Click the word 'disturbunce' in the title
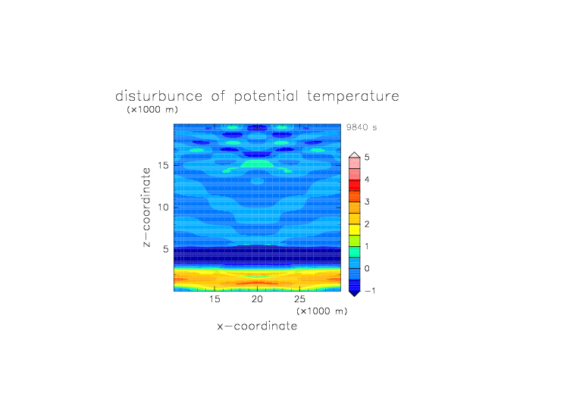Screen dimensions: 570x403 tap(159, 96)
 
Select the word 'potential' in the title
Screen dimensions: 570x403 tap(266, 97)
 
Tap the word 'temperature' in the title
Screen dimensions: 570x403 tap(353, 97)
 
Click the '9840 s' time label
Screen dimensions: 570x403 tap(362, 127)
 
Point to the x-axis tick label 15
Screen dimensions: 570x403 tap(215, 299)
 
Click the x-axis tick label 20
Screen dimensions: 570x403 tap(257, 299)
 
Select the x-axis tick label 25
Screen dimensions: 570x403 tap(299, 299)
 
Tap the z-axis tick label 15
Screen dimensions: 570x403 tap(163, 165)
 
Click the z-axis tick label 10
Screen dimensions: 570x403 tap(163, 207)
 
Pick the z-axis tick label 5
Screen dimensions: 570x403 tap(166, 249)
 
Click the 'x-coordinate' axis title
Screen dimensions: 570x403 tap(257, 326)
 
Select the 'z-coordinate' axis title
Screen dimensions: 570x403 tap(146, 208)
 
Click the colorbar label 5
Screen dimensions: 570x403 tap(367, 158)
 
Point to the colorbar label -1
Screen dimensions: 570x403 tap(370, 291)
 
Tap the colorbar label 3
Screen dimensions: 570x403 tap(367, 202)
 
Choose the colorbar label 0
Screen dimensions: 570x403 tap(367, 269)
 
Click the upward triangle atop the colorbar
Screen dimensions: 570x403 tap(355, 155)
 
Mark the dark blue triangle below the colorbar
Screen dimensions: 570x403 tap(355, 293)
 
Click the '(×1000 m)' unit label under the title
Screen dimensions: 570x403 tap(152, 109)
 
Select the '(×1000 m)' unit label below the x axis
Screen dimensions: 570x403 tap(322, 311)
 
